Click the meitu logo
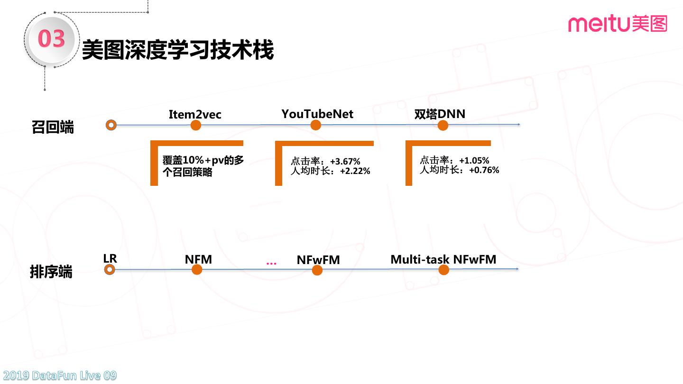617,23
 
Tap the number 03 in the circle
51,39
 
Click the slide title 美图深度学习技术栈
178,50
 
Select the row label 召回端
53,128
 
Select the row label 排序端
51,272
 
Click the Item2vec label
195,114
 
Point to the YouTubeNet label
317,114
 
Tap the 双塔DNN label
440,114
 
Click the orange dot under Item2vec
195,125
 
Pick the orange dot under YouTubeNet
316,125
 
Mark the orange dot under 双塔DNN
443,125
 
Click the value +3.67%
345,162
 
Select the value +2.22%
355,171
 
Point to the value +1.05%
474,161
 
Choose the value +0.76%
484,170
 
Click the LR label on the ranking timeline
110,258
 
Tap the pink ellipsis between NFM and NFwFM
271,263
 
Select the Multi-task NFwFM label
443,259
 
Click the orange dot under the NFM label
197,270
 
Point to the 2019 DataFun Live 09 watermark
58,376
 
